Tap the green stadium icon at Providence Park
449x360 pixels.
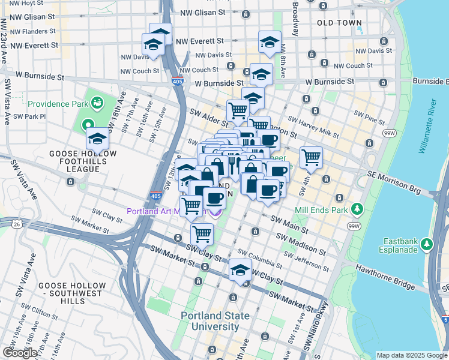tap(97, 103)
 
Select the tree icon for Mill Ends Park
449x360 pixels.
tap(358, 209)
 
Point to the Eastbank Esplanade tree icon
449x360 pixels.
tap(427, 244)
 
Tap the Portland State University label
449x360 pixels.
tap(215, 321)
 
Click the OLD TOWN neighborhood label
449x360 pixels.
tap(340, 23)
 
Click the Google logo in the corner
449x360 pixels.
tap(20, 353)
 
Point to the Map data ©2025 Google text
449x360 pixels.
tap(411, 355)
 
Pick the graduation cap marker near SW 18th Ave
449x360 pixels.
tap(97, 139)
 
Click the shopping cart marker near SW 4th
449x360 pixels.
tap(311, 158)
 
